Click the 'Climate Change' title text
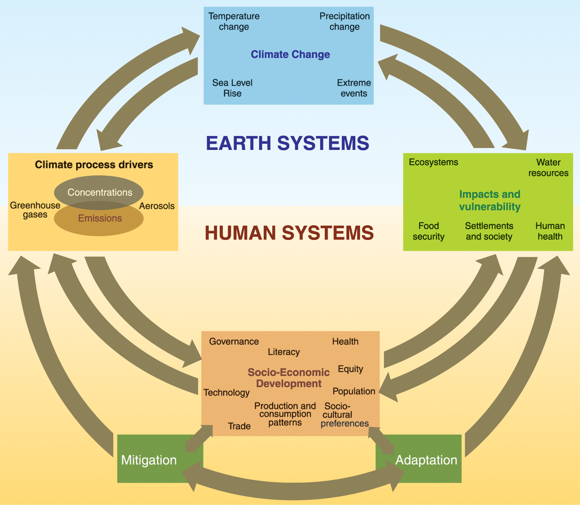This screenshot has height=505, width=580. tap(290, 54)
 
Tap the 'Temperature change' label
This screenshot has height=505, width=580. tap(234, 21)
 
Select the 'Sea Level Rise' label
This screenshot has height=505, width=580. tap(232, 88)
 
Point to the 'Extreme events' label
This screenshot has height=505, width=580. tap(353, 88)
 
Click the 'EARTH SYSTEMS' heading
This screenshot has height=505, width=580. tap(287, 143)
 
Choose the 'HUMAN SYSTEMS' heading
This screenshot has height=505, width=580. tap(289, 233)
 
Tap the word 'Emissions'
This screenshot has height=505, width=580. tap(100, 218)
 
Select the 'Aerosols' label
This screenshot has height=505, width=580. tap(157, 206)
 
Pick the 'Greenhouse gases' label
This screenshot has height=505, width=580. tap(35, 210)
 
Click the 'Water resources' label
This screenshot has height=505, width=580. tap(548, 168)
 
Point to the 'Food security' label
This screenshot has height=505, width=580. tap(428, 231)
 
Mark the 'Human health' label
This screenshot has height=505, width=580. tap(550, 231)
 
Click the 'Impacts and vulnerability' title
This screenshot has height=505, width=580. tap(489, 200)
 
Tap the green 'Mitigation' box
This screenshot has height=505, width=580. tap(149, 460)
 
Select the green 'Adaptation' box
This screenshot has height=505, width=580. tap(426, 460)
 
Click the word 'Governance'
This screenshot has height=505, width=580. tap(234, 341)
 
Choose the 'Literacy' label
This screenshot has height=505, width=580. tap(284, 352)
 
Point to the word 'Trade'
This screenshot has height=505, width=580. tap(239, 426)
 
